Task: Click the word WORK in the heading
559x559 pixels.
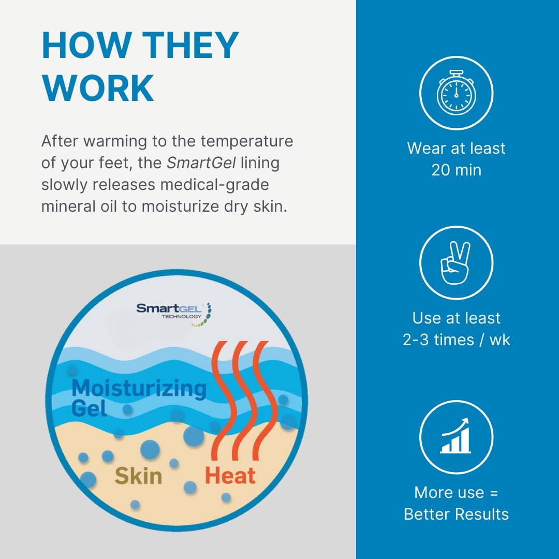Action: [x=98, y=88]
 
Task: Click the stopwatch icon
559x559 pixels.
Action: [x=457, y=93]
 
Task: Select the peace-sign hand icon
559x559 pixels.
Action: [x=455, y=263]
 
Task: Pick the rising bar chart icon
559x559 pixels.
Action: [x=455, y=436]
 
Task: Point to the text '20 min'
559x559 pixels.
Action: [x=457, y=170]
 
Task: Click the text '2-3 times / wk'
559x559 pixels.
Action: [x=457, y=340]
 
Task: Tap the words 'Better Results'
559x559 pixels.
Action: [x=457, y=514]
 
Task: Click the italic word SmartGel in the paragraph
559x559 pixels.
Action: [x=201, y=163]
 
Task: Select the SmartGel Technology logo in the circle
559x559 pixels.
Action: [x=174, y=314]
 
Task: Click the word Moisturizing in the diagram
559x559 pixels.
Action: [x=139, y=389]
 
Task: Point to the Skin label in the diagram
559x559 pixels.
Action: [x=138, y=476]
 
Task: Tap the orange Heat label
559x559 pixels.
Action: [x=230, y=476]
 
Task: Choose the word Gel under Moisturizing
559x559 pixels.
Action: [x=89, y=408]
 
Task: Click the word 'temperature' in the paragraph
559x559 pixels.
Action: [x=247, y=141]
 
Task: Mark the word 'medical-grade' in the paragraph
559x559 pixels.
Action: [x=215, y=185]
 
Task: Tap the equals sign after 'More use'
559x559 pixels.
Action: [x=494, y=493]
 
